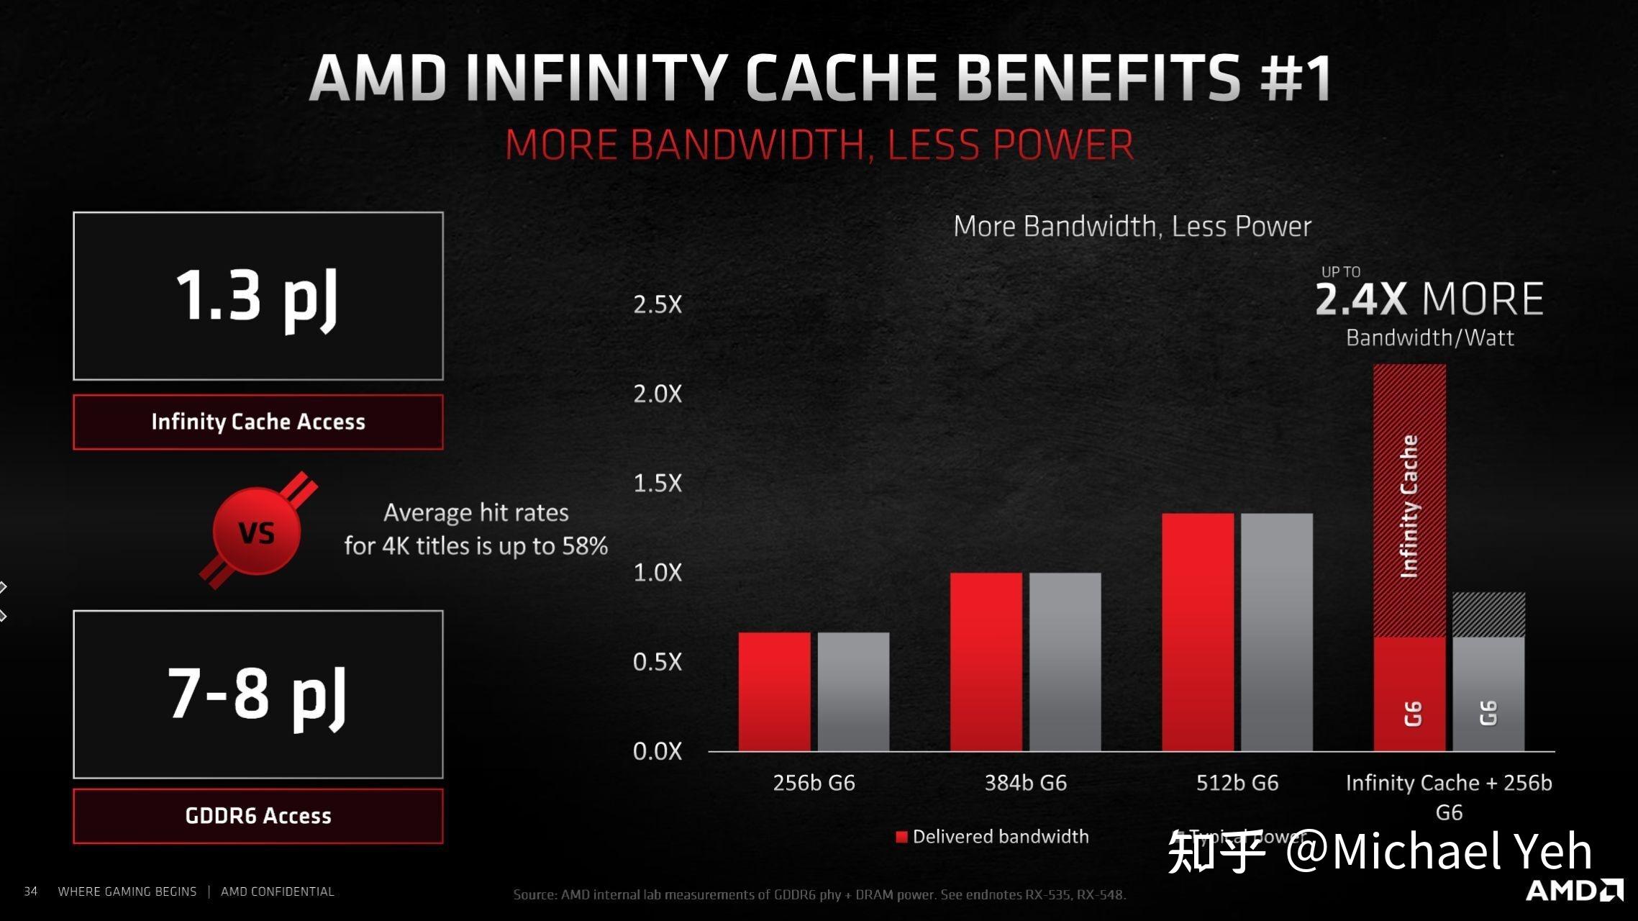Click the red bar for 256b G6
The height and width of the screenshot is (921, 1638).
774,691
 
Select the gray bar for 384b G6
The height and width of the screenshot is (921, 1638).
1065,661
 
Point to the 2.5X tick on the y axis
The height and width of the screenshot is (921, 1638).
657,304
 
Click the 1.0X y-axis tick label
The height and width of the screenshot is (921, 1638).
657,573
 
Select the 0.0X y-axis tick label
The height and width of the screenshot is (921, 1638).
657,751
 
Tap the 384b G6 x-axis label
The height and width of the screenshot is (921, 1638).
1025,783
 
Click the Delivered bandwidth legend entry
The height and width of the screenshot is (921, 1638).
993,837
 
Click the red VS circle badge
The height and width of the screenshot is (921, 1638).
257,532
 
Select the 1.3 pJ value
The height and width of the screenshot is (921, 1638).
257,296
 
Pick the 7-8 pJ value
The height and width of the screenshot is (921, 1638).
257,694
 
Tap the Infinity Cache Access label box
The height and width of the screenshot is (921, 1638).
258,422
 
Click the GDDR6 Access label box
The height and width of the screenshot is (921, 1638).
258,816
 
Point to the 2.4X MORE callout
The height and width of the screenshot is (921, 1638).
1429,299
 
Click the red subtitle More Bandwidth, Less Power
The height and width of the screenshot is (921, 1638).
819,145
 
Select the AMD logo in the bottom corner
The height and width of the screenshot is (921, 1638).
1574,890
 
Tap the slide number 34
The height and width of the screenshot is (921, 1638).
31,891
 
